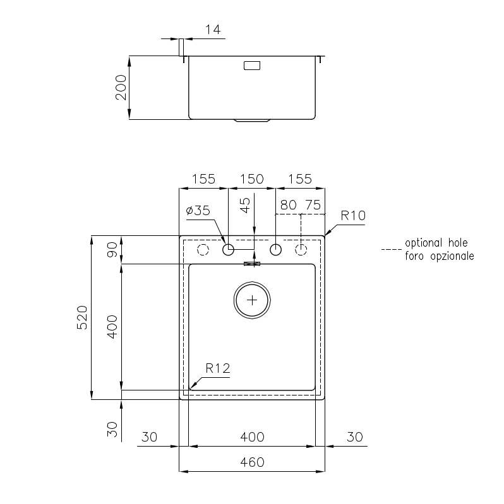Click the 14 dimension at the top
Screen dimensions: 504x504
pyautogui.click(x=213, y=30)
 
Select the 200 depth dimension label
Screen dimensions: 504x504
pyautogui.click(x=121, y=88)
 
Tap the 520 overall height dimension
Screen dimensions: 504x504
pyautogui.click(x=82, y=317)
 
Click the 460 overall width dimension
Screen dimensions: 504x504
pyautogui.click(x=253, y=462)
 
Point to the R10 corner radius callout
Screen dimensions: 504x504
pyautogui.click(x=353, y=215)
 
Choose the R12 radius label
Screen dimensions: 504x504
pyautogui.click(x=218, y=368)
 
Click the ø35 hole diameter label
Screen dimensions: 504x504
pyautogui.click(x=198, y=211)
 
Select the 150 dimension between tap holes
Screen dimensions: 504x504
pyautogui.click(x=252, y=179)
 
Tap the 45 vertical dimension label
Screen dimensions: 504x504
pyautogui.click(x=245, y=206)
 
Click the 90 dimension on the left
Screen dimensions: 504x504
pyautogui.click(x=112, y=250)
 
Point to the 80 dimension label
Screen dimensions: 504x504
pyautogui.click(x=289, y=205)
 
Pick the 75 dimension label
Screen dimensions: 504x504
pyautogui.click(x=313, y=205)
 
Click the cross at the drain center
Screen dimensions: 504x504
pyautogui.click(x=252, y=300)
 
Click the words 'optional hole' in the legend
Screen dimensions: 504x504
pyautogui.click(x=436, y=243)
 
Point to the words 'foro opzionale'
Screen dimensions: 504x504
pyautogui.click(x=440, y=256)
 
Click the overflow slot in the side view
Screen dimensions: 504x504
pyautogui.click(x=252, y=66)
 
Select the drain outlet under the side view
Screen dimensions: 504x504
pyautogui.click(x=252, y=120)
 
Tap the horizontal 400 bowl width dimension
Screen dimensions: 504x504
pyautogui.click(x=253, y=437)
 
